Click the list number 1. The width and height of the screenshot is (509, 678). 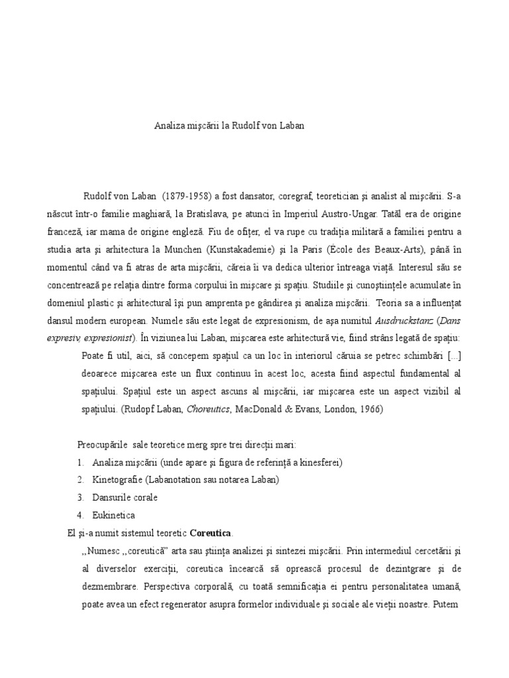tap(80, 461)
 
